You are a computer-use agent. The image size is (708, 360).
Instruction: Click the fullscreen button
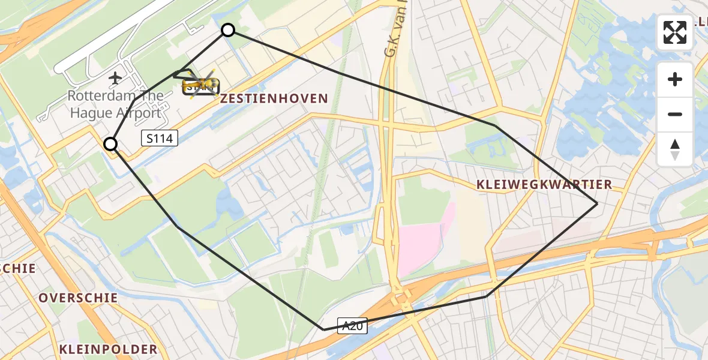[x=675, y=32]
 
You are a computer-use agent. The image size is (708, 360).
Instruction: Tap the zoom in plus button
[x=675, y=79]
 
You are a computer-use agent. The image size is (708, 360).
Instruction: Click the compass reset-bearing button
[x=675, y=149]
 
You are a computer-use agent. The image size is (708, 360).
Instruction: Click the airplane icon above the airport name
[x=115, y=77]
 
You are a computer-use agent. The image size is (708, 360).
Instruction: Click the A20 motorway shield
[x=352, y=325]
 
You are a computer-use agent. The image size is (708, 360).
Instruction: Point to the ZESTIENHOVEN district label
[x=274, y=98]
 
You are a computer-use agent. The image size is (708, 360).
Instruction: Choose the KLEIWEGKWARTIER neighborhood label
[x=544, y=185]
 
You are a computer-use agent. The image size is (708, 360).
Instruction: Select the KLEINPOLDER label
[x=108, y=349]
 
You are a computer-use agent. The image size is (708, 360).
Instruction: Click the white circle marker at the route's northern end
[x=228, y=30]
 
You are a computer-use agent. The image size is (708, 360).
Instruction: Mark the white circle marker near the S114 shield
[x=110, y=144]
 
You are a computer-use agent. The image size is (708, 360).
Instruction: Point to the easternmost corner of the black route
[x=597, y=204]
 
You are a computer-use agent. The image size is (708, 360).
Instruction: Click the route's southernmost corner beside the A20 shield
[x=323, y=329]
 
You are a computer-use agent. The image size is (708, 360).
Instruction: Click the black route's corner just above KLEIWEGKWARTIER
[x=496, y=125]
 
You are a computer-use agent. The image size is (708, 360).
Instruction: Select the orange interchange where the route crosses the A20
[x=401, y=298]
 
